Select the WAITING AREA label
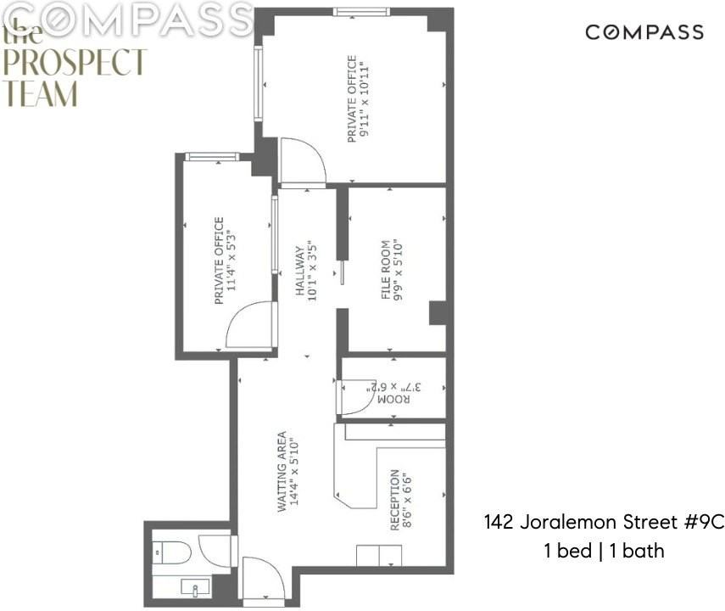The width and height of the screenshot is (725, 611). click(281, 471)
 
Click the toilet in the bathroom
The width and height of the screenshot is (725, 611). click(172, 552)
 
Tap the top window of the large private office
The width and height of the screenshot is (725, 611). click(360, 12)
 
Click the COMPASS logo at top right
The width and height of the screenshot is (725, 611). click(644, 32)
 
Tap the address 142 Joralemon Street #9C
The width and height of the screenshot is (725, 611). click(604, 521)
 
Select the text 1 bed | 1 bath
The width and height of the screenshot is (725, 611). click(604, 551)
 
